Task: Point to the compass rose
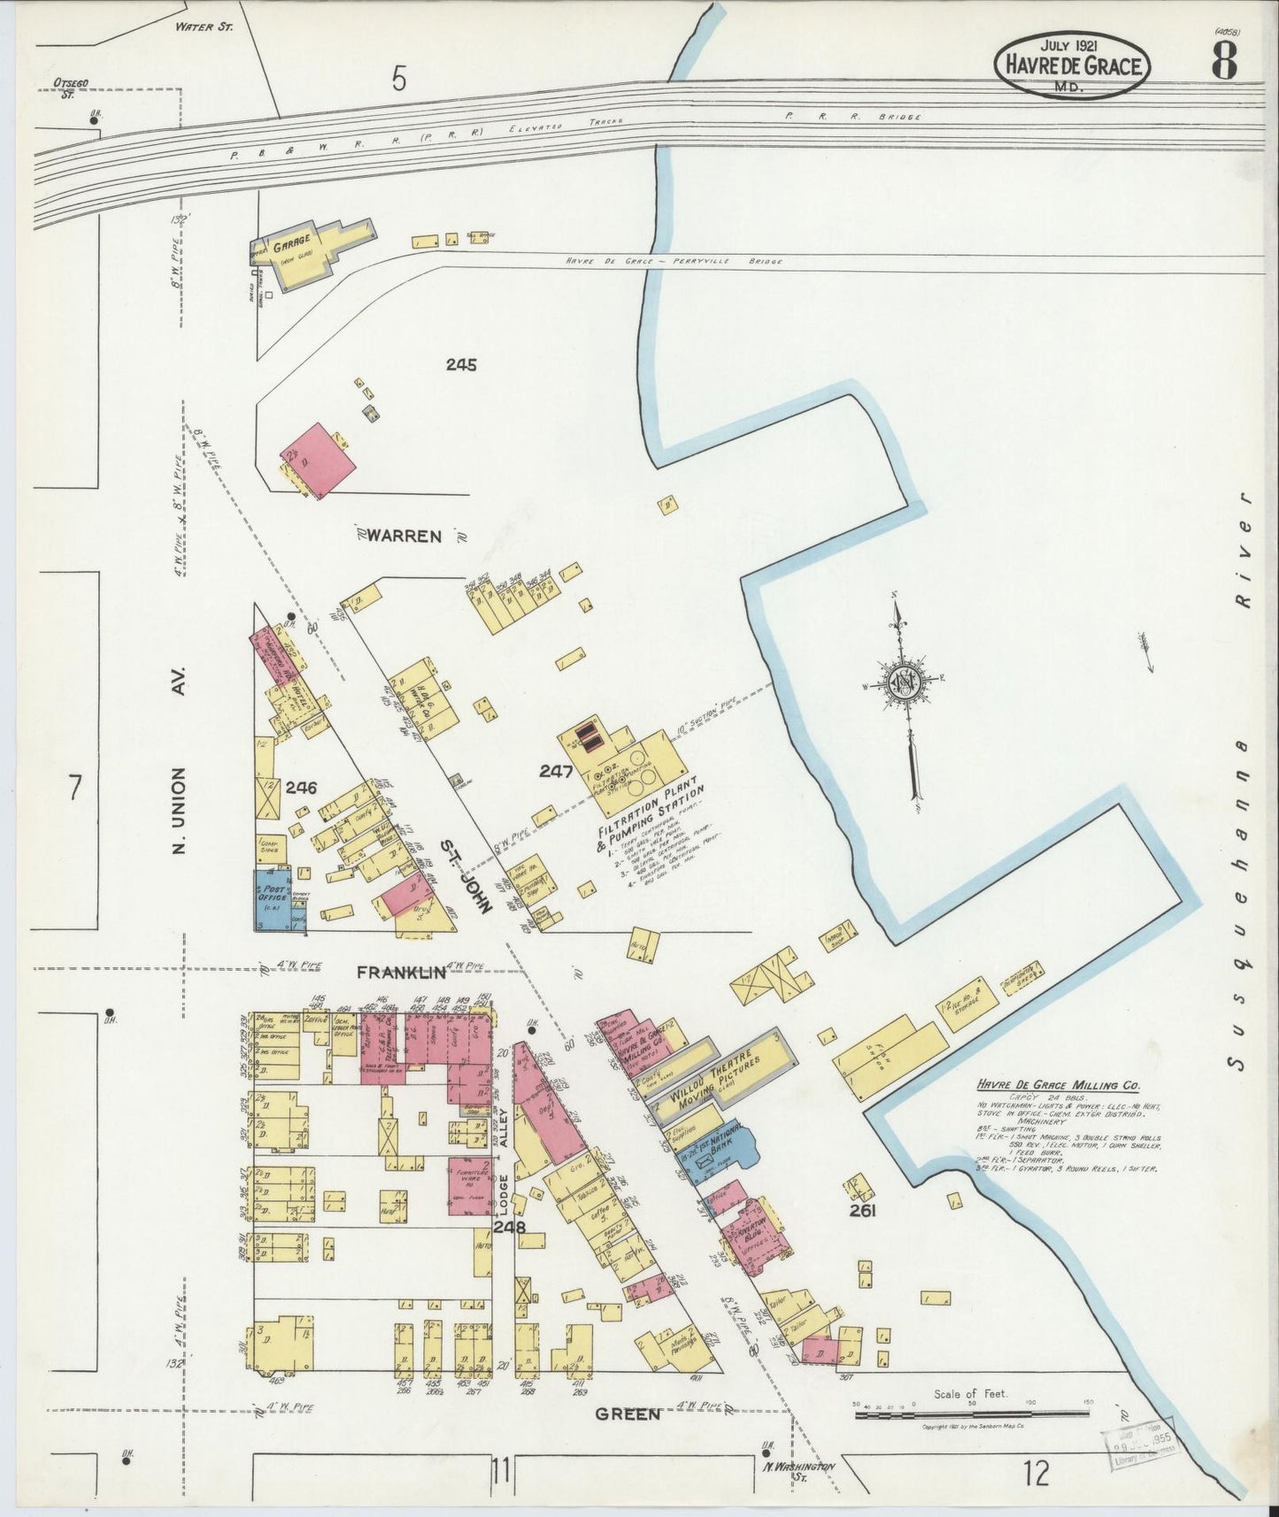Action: [903, 687]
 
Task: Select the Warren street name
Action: [405, 535]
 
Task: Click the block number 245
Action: [460, 364]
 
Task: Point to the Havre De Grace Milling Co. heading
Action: [1058, 1085]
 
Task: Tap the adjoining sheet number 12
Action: [1036, 1474]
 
